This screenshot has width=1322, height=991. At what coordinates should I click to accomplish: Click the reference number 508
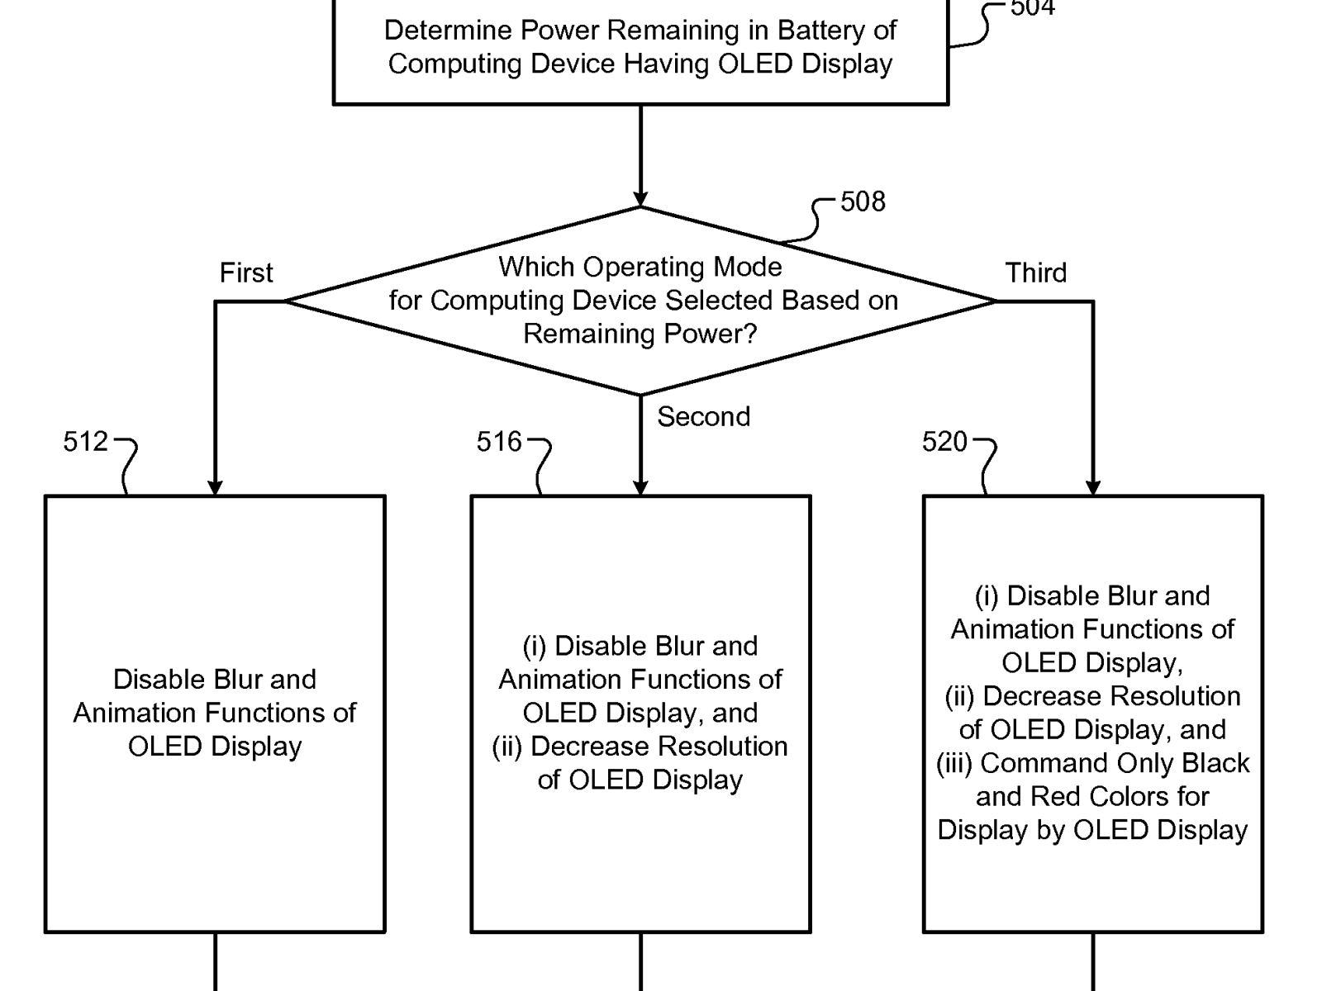tap(863, 202)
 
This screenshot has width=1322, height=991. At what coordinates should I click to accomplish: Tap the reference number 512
tap(85, 442)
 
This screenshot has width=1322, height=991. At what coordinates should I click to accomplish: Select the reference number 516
tap(499, 442)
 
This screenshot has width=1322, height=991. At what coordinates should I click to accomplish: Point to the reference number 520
tap(944, 442)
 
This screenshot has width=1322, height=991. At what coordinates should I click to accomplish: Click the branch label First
tap(246, 273)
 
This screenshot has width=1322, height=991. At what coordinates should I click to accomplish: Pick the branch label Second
tap(703, 416)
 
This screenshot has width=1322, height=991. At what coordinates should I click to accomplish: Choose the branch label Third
tap(1036, 273)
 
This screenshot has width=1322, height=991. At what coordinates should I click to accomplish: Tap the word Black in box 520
tap(1215, 763)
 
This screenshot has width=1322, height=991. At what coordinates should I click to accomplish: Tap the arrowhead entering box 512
tap(215, 488)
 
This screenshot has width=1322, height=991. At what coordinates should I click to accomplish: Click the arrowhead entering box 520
tap(1093, 488)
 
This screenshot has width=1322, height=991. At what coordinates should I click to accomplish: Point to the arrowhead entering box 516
tap(640, 488)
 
